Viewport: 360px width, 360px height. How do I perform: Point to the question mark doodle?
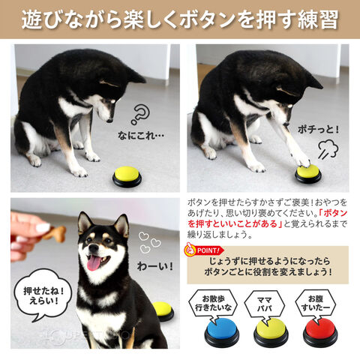coord(140,114)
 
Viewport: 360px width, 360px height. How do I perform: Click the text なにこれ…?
coord(141,136)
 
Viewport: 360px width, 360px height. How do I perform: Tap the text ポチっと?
coord(318,130)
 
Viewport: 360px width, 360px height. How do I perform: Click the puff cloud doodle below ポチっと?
coord(328,149)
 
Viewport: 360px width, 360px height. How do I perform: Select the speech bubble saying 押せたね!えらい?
coord(43,295)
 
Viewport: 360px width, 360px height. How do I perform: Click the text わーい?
coord(155,266)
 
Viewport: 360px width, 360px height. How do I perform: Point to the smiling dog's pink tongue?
coord(94,262)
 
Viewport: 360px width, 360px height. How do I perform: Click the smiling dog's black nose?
coord(93,248)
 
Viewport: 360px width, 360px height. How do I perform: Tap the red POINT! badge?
coord(204,250)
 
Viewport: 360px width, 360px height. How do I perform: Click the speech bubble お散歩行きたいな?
coord(213,304)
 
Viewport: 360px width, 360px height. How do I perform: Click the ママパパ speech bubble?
coord(265,304)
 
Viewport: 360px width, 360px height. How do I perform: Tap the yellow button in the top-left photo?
coord(127,177)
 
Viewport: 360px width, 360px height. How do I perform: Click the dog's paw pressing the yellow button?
coord(303,163)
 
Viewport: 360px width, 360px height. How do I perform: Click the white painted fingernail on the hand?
coord(43,228)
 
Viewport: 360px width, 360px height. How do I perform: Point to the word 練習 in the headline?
coord(317,19)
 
